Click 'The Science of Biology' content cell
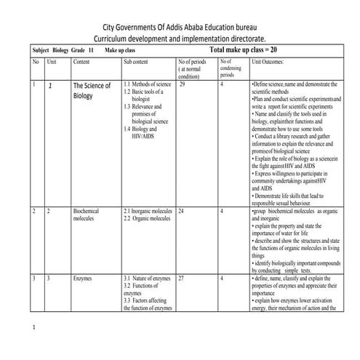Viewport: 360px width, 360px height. [92, 90]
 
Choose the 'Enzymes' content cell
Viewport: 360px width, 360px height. [82, 279]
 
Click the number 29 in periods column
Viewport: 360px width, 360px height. [183, 85]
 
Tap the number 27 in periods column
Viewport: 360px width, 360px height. [182, 279]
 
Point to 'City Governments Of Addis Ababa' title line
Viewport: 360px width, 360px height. [180, 25]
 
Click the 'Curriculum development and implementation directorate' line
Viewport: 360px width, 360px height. [180, 37]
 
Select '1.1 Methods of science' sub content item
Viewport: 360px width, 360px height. [148, 85]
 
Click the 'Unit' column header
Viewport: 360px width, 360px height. [51, 63]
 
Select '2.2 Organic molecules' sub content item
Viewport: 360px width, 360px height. [145, 218]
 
